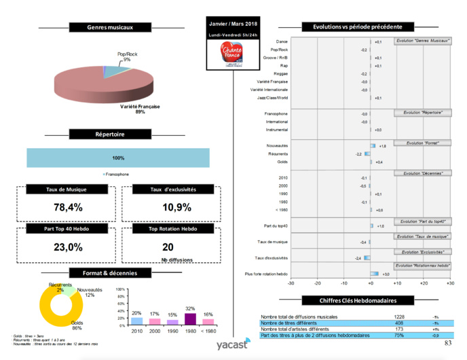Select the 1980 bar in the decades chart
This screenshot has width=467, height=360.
click(190, 318)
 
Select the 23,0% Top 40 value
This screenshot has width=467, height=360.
click(68, 248)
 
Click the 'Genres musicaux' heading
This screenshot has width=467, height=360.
click(109, 28)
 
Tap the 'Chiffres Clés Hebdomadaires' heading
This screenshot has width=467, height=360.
click(358, 300)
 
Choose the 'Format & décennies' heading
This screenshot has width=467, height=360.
click(109, 273)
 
